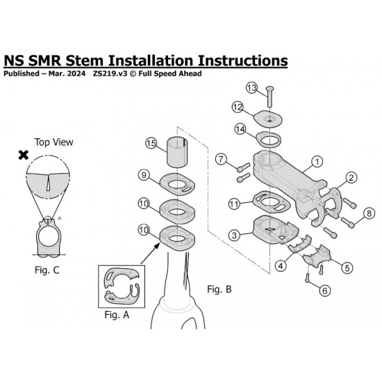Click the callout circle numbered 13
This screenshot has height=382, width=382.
pos(251,88)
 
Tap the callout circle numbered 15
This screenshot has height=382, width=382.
pos(151,143)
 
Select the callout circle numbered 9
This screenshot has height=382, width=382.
pos(144,175)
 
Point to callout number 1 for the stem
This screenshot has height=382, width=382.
pos(317,162)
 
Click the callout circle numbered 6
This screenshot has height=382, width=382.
pos(325,290)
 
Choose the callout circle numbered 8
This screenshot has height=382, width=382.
pos(369,213)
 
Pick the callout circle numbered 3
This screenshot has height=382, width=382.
pos(235,235)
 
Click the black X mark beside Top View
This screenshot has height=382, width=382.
pos(24,155)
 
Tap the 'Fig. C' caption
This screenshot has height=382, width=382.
pos(47,270)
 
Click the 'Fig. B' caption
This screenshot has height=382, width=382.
pos(219,289)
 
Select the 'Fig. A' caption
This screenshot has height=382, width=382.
pos(117,315)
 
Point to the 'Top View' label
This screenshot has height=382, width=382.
pos(53,142)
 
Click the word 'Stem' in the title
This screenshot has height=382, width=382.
pos(85,60)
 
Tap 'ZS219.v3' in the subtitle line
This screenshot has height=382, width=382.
pos(110,74)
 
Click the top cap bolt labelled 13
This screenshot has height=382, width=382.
pos(270,97)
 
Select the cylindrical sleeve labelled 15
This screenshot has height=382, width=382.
pos(177,152)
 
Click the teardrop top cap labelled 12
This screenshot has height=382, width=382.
pos(267,119)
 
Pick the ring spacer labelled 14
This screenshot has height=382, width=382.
pos(268,140)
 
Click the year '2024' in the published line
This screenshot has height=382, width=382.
pos(76,74)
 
